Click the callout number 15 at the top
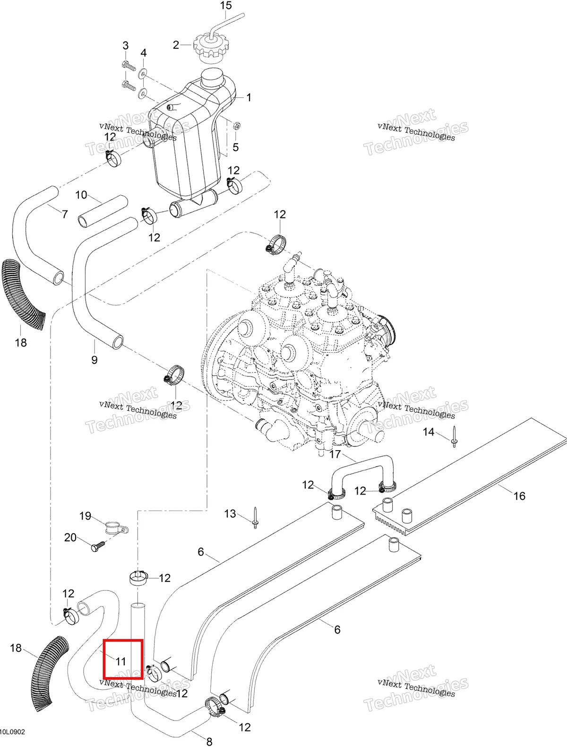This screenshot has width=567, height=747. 226,6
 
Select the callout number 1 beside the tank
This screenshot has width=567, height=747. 249,98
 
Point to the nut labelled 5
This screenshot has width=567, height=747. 237,126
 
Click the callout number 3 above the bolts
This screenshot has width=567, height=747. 126,45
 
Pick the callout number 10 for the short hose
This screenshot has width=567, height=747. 81,195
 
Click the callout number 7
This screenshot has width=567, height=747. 65,214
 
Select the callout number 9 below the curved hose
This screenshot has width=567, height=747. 94,360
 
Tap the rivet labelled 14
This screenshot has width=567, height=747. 455,437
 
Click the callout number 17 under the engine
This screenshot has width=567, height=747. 335,454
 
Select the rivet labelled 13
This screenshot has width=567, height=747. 255,518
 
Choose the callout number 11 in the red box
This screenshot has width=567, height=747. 121,661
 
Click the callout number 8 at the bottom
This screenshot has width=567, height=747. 209,741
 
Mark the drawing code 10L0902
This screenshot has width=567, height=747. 13,732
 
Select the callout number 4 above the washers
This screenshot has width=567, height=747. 144,53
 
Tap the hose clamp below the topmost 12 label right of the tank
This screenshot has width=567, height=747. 234,185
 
